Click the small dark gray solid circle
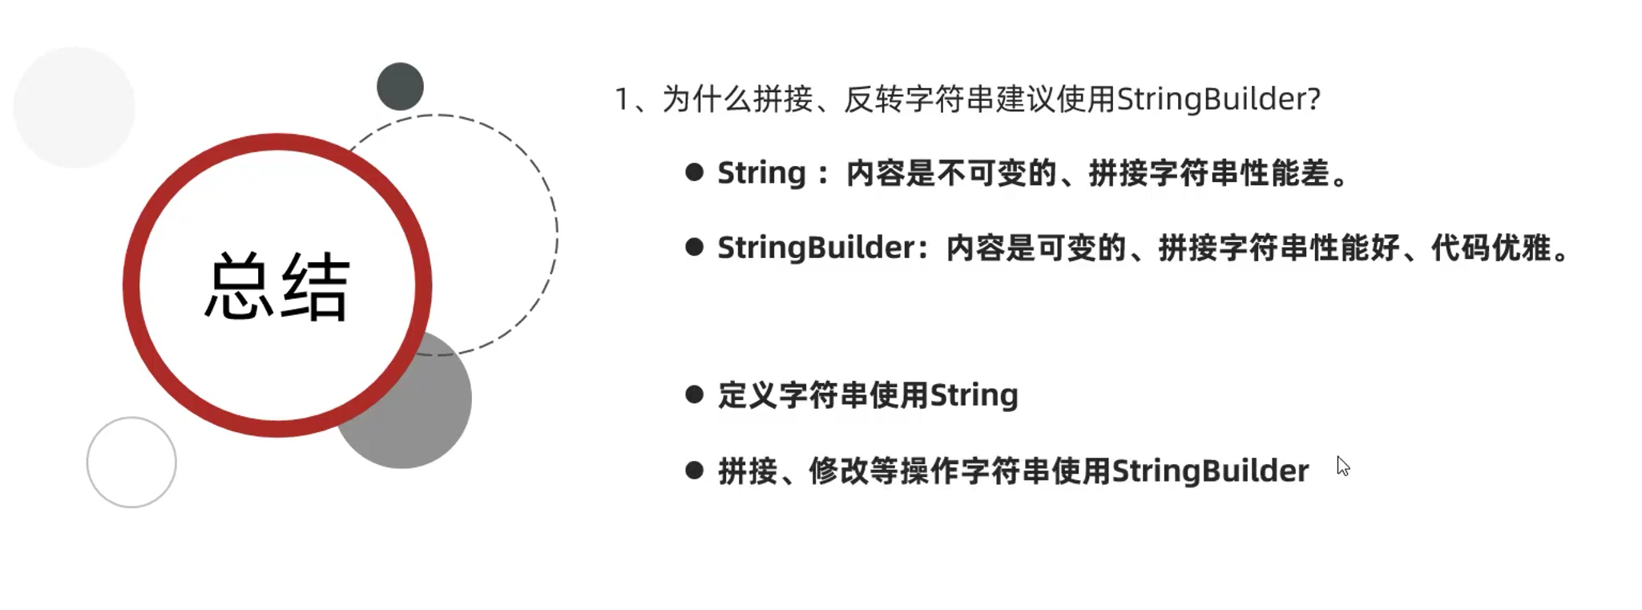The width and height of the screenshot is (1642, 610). click(x=400, y=87)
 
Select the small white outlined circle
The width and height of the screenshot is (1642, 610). click(x=131, y=462)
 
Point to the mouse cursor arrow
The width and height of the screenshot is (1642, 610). click(x=1342, y=466)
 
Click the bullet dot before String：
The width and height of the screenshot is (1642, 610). click(x=694, y=172)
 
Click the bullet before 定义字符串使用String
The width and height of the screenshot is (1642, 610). click(x=694, y=394)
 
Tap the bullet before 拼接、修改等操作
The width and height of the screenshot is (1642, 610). click(x=694, y=470)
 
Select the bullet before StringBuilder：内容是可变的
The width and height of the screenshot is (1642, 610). click(x=694, y=247)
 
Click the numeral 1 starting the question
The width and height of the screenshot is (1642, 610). click(x=622, y=100)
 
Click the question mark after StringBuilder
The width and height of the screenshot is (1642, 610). click(x=1313, y=99)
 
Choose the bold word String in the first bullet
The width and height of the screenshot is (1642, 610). click(x=761, y=173)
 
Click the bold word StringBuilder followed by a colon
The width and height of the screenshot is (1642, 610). click(x=816, y=248)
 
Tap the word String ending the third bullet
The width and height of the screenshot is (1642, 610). click(x=974, y=395)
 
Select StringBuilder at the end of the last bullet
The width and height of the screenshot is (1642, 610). click(x=1210, y=471)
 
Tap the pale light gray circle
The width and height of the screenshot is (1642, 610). click(x=75, y=107)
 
